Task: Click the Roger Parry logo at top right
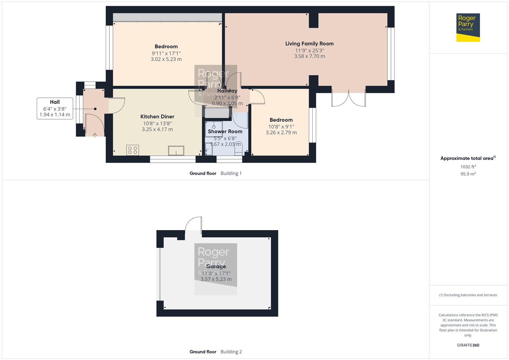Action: coord(468,28)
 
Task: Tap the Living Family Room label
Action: coord(309,44)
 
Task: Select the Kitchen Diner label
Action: coord(157,117)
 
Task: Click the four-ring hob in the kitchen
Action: coord(133,150)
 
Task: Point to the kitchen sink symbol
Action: coord(176,151)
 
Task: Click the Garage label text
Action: coord(216,267)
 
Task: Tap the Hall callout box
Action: coord(55,108)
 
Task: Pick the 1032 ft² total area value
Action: coord(468,167)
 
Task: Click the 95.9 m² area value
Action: coord(468,174)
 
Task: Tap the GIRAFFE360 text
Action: coord(468,345)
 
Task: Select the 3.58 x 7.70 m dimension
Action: coord(309,56)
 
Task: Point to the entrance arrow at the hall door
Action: coord(95,135)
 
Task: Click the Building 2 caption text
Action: coord(231,352)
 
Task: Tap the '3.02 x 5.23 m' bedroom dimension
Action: coord(166,59)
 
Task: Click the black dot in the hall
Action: coord(95,109)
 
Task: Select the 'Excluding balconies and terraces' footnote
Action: coord(468,295)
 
